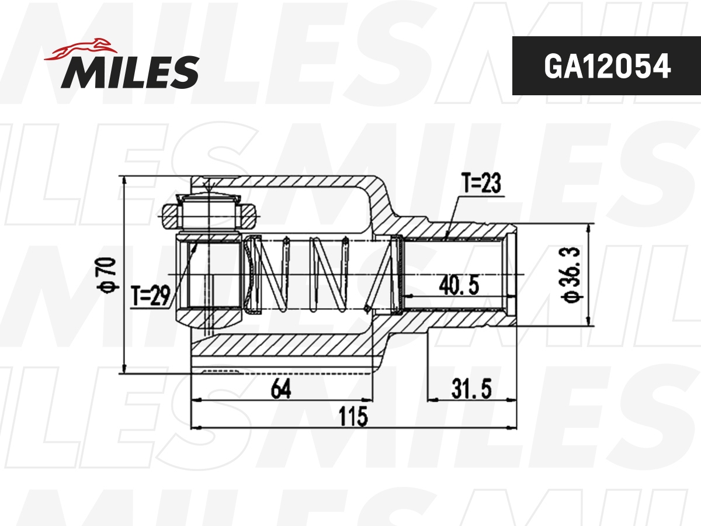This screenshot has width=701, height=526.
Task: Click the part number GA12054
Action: (607, 66)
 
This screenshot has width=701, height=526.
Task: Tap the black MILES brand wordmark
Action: (130, 72)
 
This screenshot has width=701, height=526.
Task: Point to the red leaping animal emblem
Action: (81, 49)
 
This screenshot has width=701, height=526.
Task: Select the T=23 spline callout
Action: (481, 183)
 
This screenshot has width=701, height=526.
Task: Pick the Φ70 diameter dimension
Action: (107, 274)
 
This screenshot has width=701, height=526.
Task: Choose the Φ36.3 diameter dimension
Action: (571, 274)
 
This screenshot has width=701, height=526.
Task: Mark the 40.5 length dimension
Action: (459, 285)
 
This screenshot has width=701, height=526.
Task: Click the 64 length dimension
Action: (281, 389)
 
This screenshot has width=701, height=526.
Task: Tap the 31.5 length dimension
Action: (471, 389)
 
